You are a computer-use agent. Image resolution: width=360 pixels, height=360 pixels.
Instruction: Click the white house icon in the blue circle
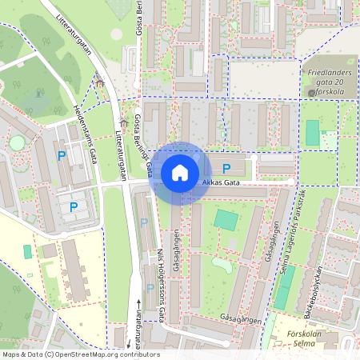pyautogui.click(x=180, y=172)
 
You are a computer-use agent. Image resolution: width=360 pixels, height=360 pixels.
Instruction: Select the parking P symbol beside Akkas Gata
pyautogui.click(x=226, y=168)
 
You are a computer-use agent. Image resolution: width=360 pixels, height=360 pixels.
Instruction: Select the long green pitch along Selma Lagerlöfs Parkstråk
pyautogui.click(x=283, y=287)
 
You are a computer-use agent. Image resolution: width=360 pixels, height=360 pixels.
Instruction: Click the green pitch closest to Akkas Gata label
pyautogui.click(x=226, y=219)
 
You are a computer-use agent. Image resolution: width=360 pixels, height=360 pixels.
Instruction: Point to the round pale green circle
pyautogui.click(x=17, y=142)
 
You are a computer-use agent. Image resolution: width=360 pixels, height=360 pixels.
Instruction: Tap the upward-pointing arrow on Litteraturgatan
pyautogui.click(x=138, y=304)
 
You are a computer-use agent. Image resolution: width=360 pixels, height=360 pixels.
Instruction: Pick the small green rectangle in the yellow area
pyautogui.click(x=27, y=251)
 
